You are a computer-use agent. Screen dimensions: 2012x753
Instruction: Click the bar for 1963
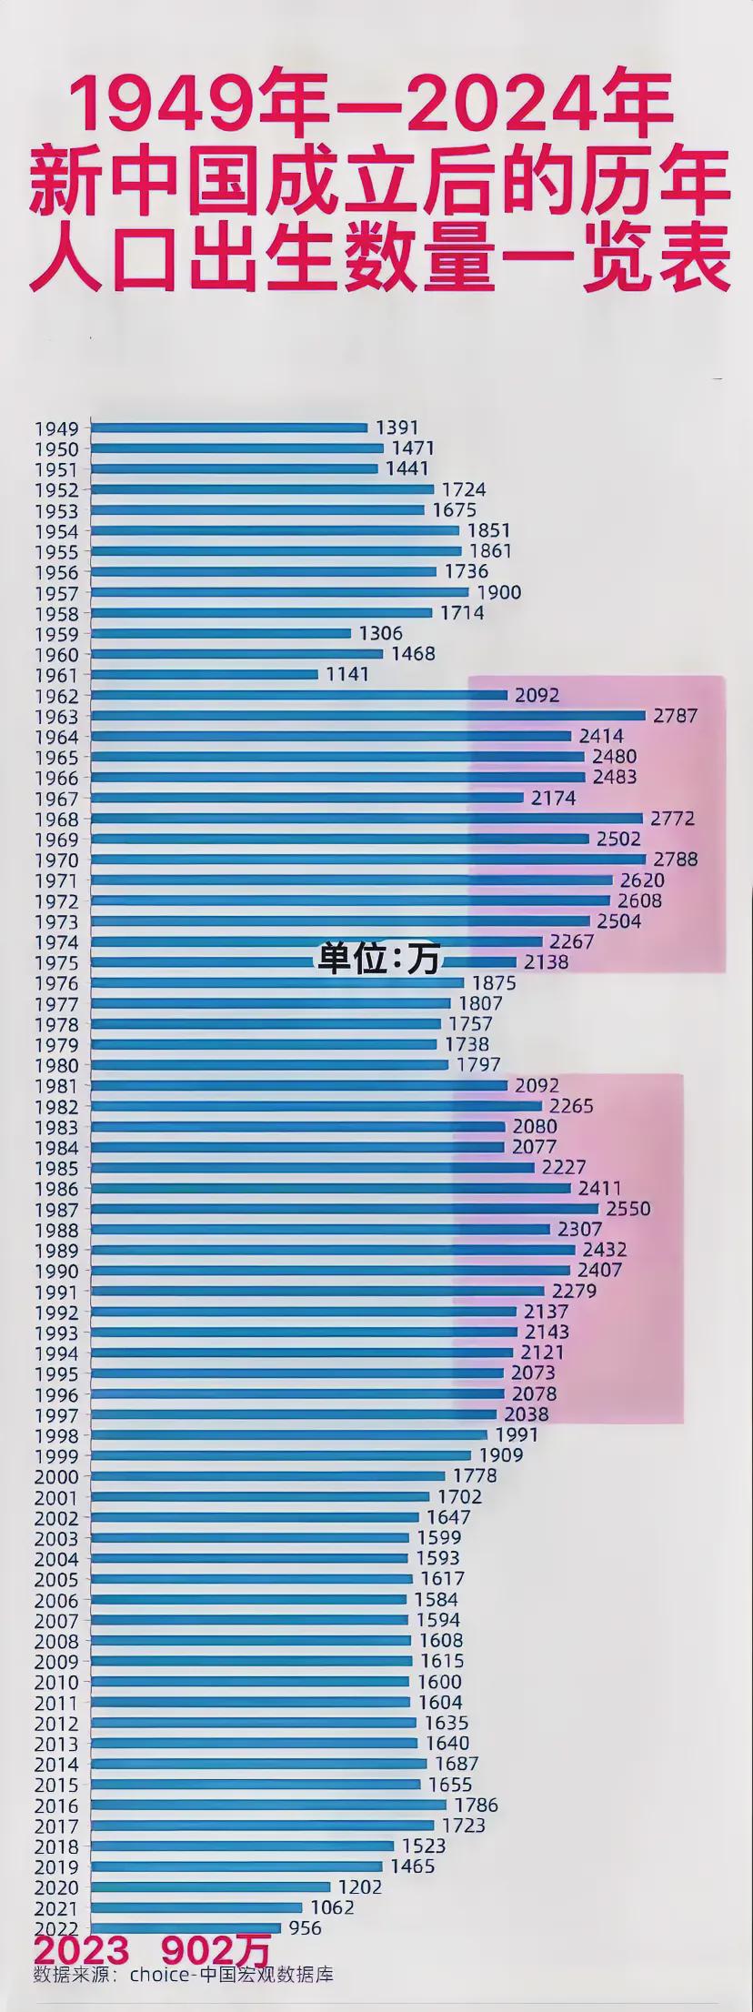368,716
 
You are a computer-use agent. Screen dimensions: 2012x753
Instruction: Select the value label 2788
675,860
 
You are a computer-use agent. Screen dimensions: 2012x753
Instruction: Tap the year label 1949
56,428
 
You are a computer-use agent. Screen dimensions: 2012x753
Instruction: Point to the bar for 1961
205,674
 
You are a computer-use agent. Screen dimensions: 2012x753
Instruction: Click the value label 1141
347,674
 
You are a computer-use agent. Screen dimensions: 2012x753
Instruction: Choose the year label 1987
56,1210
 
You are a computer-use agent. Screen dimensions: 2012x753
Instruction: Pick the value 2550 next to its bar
628,1209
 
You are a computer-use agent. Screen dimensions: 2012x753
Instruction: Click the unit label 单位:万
378,959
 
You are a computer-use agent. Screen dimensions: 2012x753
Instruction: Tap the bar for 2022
186,1927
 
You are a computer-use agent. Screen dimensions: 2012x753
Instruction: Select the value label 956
306,1927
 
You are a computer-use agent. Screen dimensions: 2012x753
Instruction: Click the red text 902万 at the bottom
216,1949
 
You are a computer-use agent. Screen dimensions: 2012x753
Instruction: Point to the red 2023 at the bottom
82,1949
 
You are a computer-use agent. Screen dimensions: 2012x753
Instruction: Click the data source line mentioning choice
184,1974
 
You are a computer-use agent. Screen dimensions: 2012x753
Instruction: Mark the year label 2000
56,1477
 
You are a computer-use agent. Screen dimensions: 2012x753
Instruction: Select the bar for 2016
269,1805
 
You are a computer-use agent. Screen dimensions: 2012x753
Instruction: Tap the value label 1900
499,593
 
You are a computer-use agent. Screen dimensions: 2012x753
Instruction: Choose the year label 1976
56,984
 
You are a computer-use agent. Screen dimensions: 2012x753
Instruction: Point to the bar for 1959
221,633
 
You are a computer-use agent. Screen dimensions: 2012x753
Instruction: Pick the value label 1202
360,1887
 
